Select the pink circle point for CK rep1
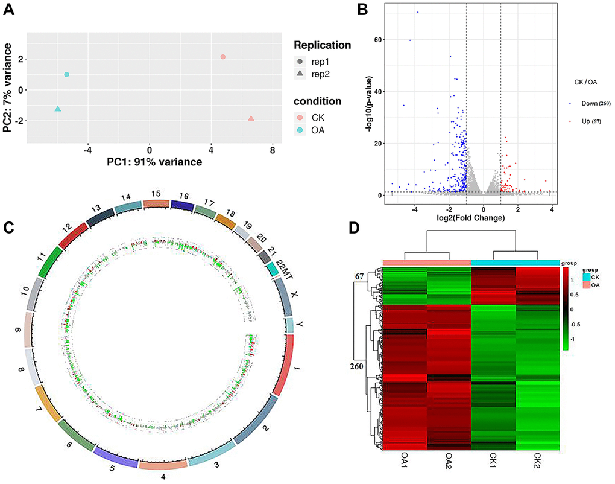point(223,57)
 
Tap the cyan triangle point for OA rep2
point(58,109)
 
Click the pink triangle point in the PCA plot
point(251,118)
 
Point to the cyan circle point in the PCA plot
point(66,75)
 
